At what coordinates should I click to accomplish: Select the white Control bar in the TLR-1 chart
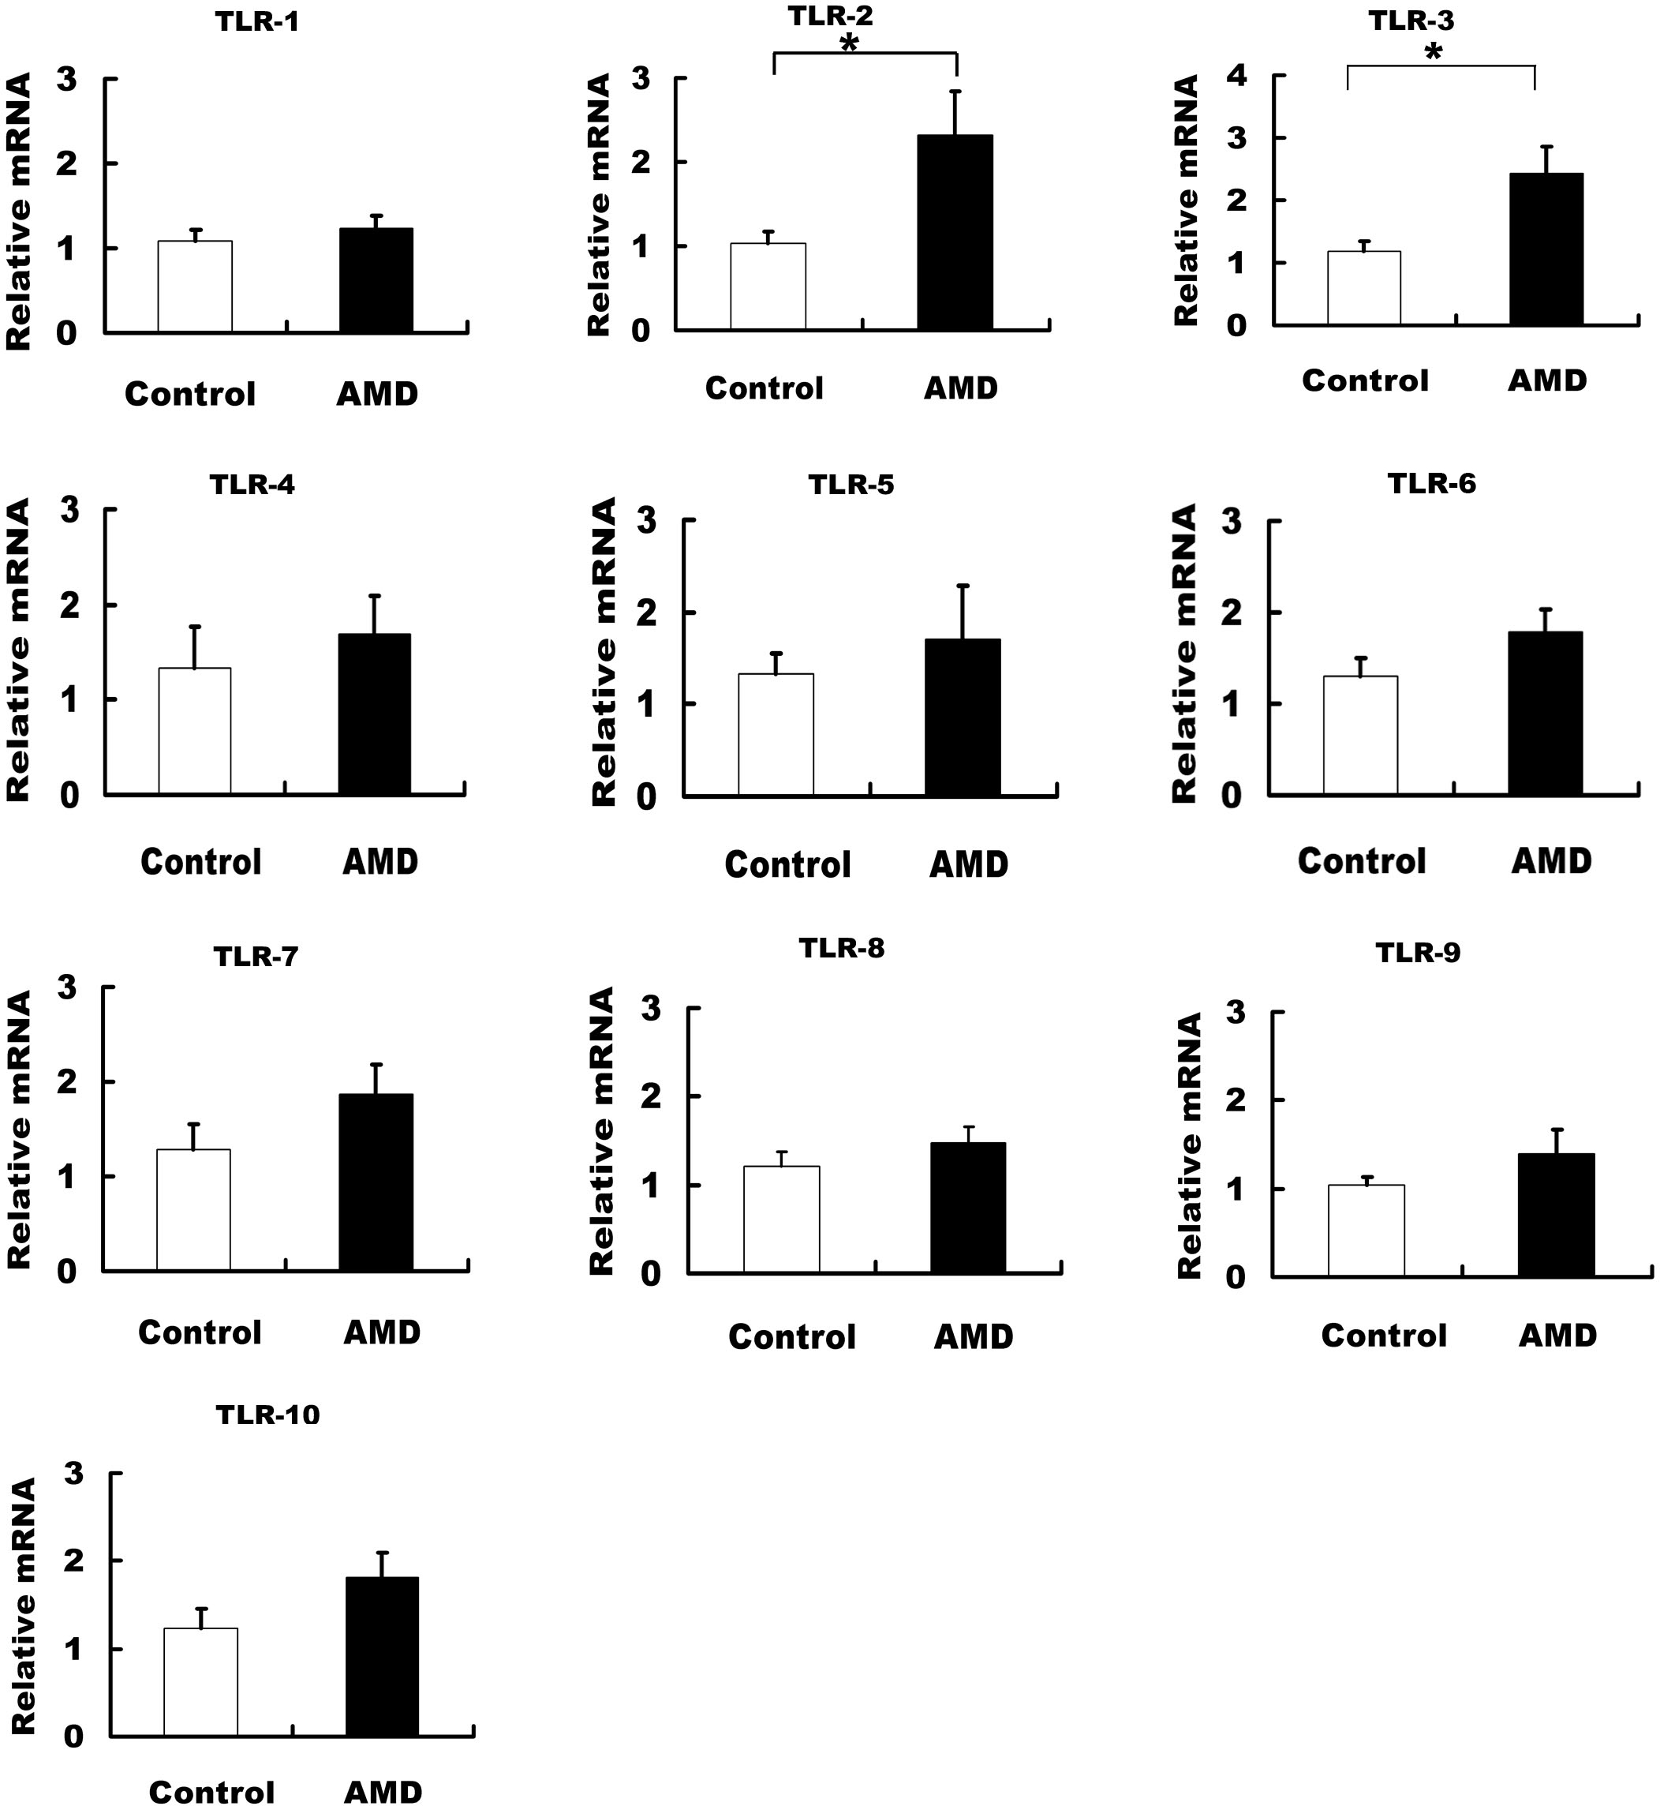[x=195, y=287]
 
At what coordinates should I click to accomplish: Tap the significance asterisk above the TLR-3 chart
[x=1434, y=53]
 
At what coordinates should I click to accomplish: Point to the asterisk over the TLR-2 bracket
[x=849, y=43]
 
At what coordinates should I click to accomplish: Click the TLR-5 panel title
[x=851, y=485]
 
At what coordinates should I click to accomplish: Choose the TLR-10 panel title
[x=267, y=1415]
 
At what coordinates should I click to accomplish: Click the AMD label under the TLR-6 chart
[x=1551, y=860]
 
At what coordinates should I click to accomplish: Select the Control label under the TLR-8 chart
[x=791, y=1336]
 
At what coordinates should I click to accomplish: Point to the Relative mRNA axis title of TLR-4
[x=19, y=650]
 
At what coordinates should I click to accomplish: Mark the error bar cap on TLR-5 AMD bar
[x=963, y=586]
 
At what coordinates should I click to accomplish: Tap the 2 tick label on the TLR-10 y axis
[x=73, y=1561]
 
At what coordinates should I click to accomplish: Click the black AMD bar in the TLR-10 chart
[x=382, y=1656]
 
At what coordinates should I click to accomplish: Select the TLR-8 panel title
[x=842, y=948]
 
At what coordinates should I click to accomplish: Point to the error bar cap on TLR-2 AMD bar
[x=955, y=91]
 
